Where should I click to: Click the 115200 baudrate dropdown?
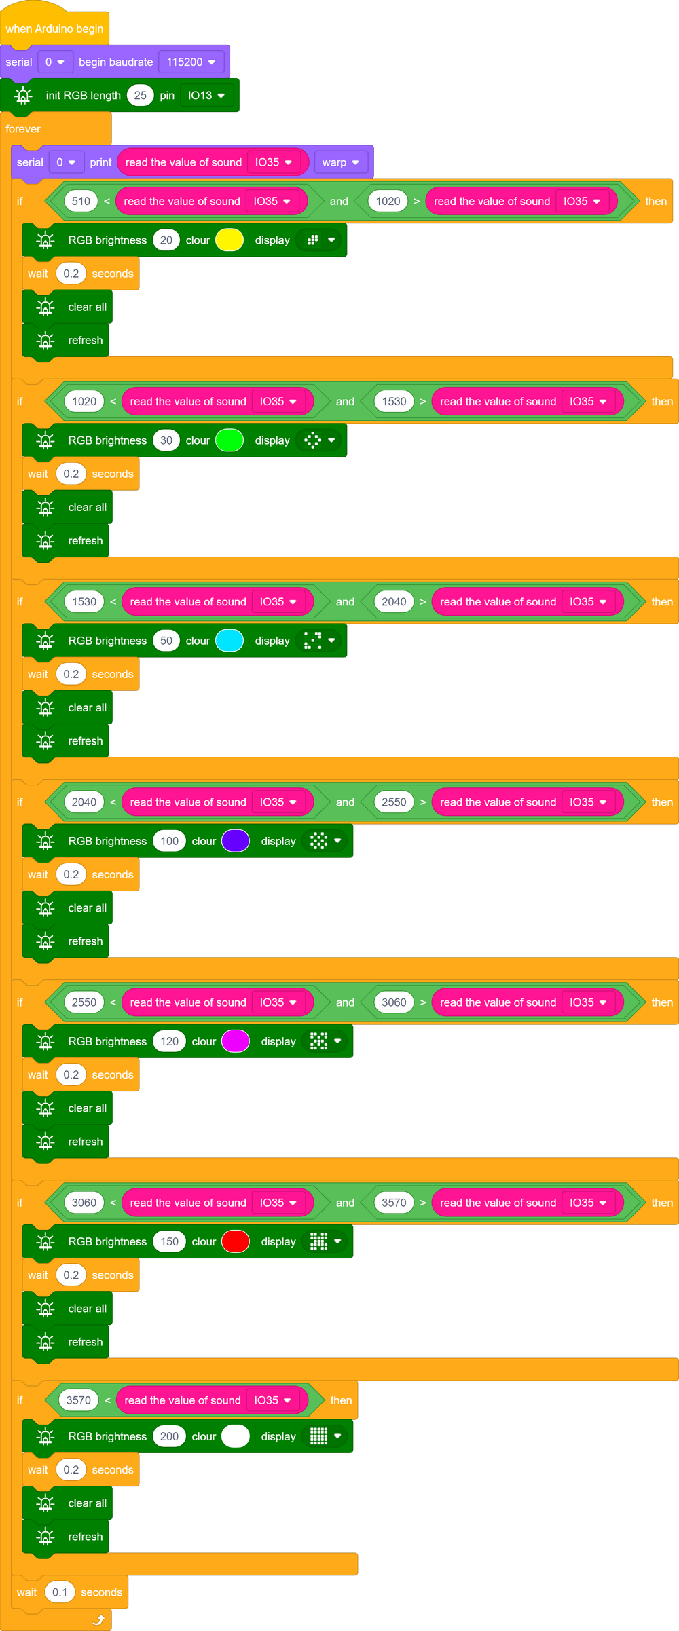(191, 62)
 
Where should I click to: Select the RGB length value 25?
(141, 96)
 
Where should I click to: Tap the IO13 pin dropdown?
(206, 96)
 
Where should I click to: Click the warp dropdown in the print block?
(340, 162)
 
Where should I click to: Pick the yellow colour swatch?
(230, 240)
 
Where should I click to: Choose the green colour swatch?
(230, 440)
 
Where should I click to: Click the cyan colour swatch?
(230, 641)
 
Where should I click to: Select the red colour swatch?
(236, 1241)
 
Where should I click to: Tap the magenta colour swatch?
(236, 1041)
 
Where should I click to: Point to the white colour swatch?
(236, 1436)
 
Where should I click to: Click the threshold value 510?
(81, 201)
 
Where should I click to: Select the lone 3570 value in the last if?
(79, 1400)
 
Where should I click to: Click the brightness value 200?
(169, 1436)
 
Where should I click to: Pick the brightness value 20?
(166, 240)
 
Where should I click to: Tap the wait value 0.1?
(60, 1592)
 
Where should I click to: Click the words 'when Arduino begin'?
(54, 29)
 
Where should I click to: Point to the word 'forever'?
(23, 129)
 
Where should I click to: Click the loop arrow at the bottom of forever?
(98, 1620)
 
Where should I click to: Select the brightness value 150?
(169, 1241)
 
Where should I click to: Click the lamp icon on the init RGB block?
(23, 96)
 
